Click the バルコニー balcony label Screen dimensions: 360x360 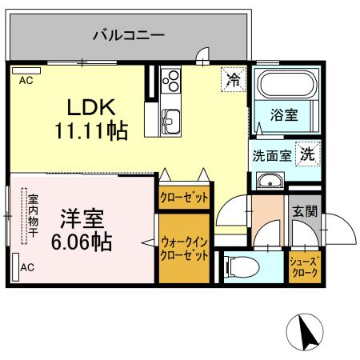pyautogui.click(x=127, y=34)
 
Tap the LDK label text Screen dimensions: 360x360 pyautogui.click(x=90, y=107)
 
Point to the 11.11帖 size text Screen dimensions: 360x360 pyautogui.click(x=91, y=130)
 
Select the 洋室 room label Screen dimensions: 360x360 pyautogui.click(x=78, y=217)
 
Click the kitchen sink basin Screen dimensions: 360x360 pyautogui.click(x=171, y=121)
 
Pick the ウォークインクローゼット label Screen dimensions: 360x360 pyautogui.click(x=184, y=248)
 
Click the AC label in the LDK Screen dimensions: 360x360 pyautogui.click(x=26, y=80)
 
